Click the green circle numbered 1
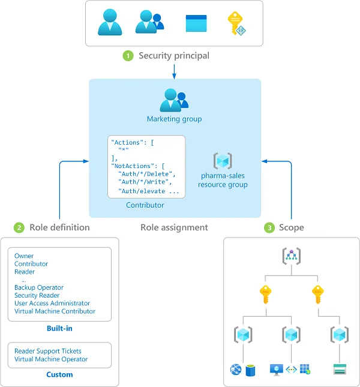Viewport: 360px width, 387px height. pos(128,56)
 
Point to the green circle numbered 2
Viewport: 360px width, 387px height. pos(19,227)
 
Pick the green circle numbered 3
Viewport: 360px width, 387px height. pos(270,227)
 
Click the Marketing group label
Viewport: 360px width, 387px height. pos(175,119)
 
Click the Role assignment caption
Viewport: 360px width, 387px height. pos(174,227)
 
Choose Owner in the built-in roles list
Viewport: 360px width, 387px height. pos(24,256)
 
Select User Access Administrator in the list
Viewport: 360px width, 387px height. pos(52,304)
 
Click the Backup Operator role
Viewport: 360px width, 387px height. pos(39,287)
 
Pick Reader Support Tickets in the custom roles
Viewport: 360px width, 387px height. pos(48,351)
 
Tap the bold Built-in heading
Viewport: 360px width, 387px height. pos(60,328)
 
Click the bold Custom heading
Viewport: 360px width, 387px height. pos(60,374)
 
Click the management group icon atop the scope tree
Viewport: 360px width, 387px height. pos(291,256)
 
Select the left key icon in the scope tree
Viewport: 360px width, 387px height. pos(265,295)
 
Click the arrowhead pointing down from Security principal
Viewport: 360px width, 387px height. pos(175,76)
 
